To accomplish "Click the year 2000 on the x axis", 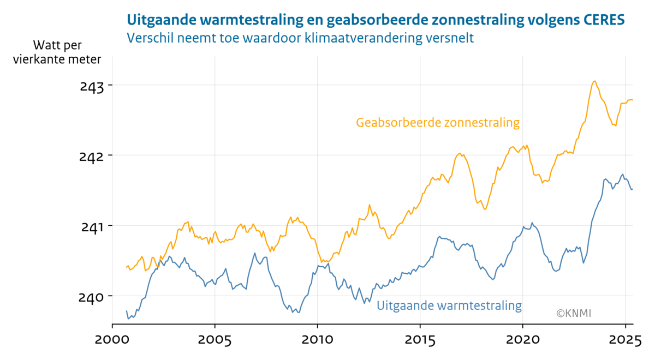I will point(112,341).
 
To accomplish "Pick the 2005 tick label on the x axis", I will point(215,341).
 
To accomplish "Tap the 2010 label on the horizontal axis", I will point(317,341).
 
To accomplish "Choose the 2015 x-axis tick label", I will point(420,341).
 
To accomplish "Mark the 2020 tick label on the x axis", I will point(522,341).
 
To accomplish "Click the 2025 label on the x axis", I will point(624,341).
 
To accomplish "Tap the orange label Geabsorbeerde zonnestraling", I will point(437,123).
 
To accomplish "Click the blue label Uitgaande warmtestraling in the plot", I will point(449,305).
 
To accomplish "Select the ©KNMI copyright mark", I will point(574,313).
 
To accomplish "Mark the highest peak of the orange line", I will point(594,81).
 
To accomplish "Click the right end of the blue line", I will point(632,189).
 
